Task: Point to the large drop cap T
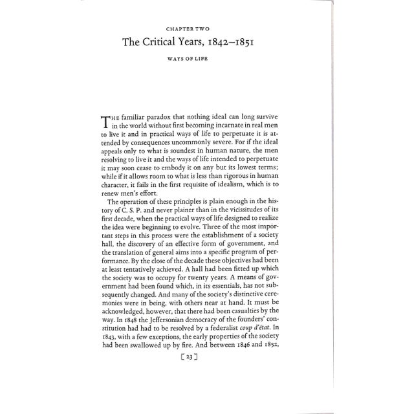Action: point(107,122)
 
